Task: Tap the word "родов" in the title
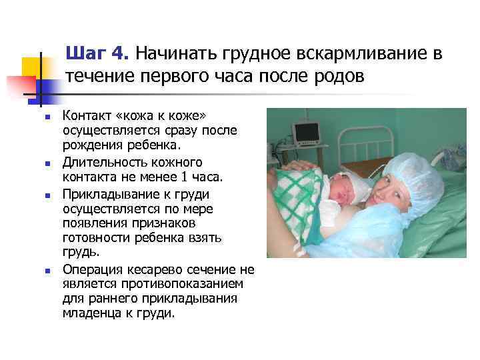coord(341,76)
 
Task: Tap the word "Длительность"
coord(101,163)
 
